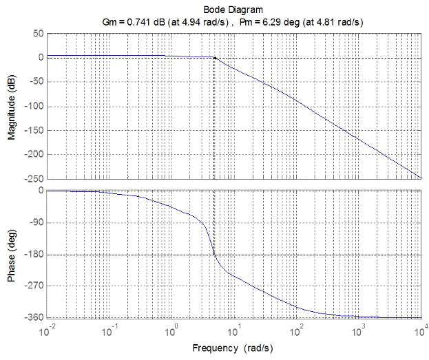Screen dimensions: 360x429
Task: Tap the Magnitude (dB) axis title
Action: (12, 106)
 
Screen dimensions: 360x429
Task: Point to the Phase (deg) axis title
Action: (12, 254)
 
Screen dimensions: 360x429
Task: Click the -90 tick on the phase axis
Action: (36, 223)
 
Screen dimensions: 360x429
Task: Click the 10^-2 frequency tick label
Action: (48, 332)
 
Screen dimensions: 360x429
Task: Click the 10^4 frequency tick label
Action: (421, 332)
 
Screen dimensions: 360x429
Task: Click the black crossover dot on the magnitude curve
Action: (215, 59)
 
